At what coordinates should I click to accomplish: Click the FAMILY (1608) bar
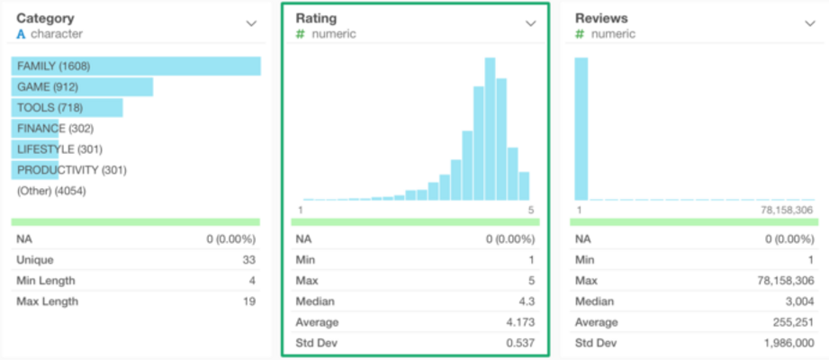(135, 67)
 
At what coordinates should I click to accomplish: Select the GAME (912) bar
(82, 87)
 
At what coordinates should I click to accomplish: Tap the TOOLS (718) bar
(67, 108)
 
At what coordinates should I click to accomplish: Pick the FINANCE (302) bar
(36, 129)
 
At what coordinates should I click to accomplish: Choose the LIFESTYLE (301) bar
(36, 149)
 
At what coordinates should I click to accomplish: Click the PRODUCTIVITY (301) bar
(36, 170)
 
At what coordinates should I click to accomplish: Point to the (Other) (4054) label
(51, 191)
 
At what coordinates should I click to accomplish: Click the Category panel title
(45, 18)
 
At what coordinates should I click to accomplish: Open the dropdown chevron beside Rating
(530, 23)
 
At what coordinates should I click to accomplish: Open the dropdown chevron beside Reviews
(809, 23)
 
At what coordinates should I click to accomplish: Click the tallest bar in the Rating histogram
(491, 129)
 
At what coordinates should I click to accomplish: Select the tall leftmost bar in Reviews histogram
(581, 129)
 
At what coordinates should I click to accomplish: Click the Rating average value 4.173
(519, 322)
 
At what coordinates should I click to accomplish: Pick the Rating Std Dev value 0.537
(519, 343)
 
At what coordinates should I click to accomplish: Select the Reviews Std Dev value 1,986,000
(788, 343)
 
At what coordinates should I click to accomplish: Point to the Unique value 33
(249, 260)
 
